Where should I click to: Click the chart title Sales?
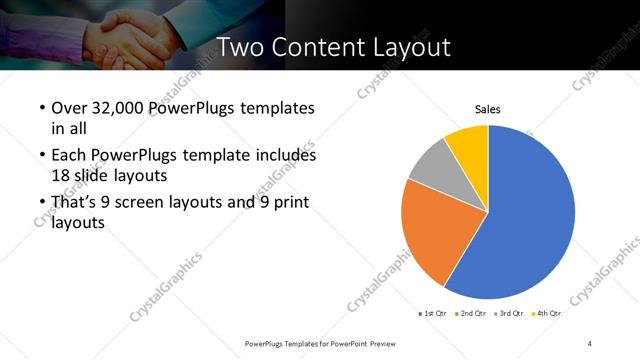487,109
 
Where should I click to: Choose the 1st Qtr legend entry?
432,314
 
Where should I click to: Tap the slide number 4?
590,343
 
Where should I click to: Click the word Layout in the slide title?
415,47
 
